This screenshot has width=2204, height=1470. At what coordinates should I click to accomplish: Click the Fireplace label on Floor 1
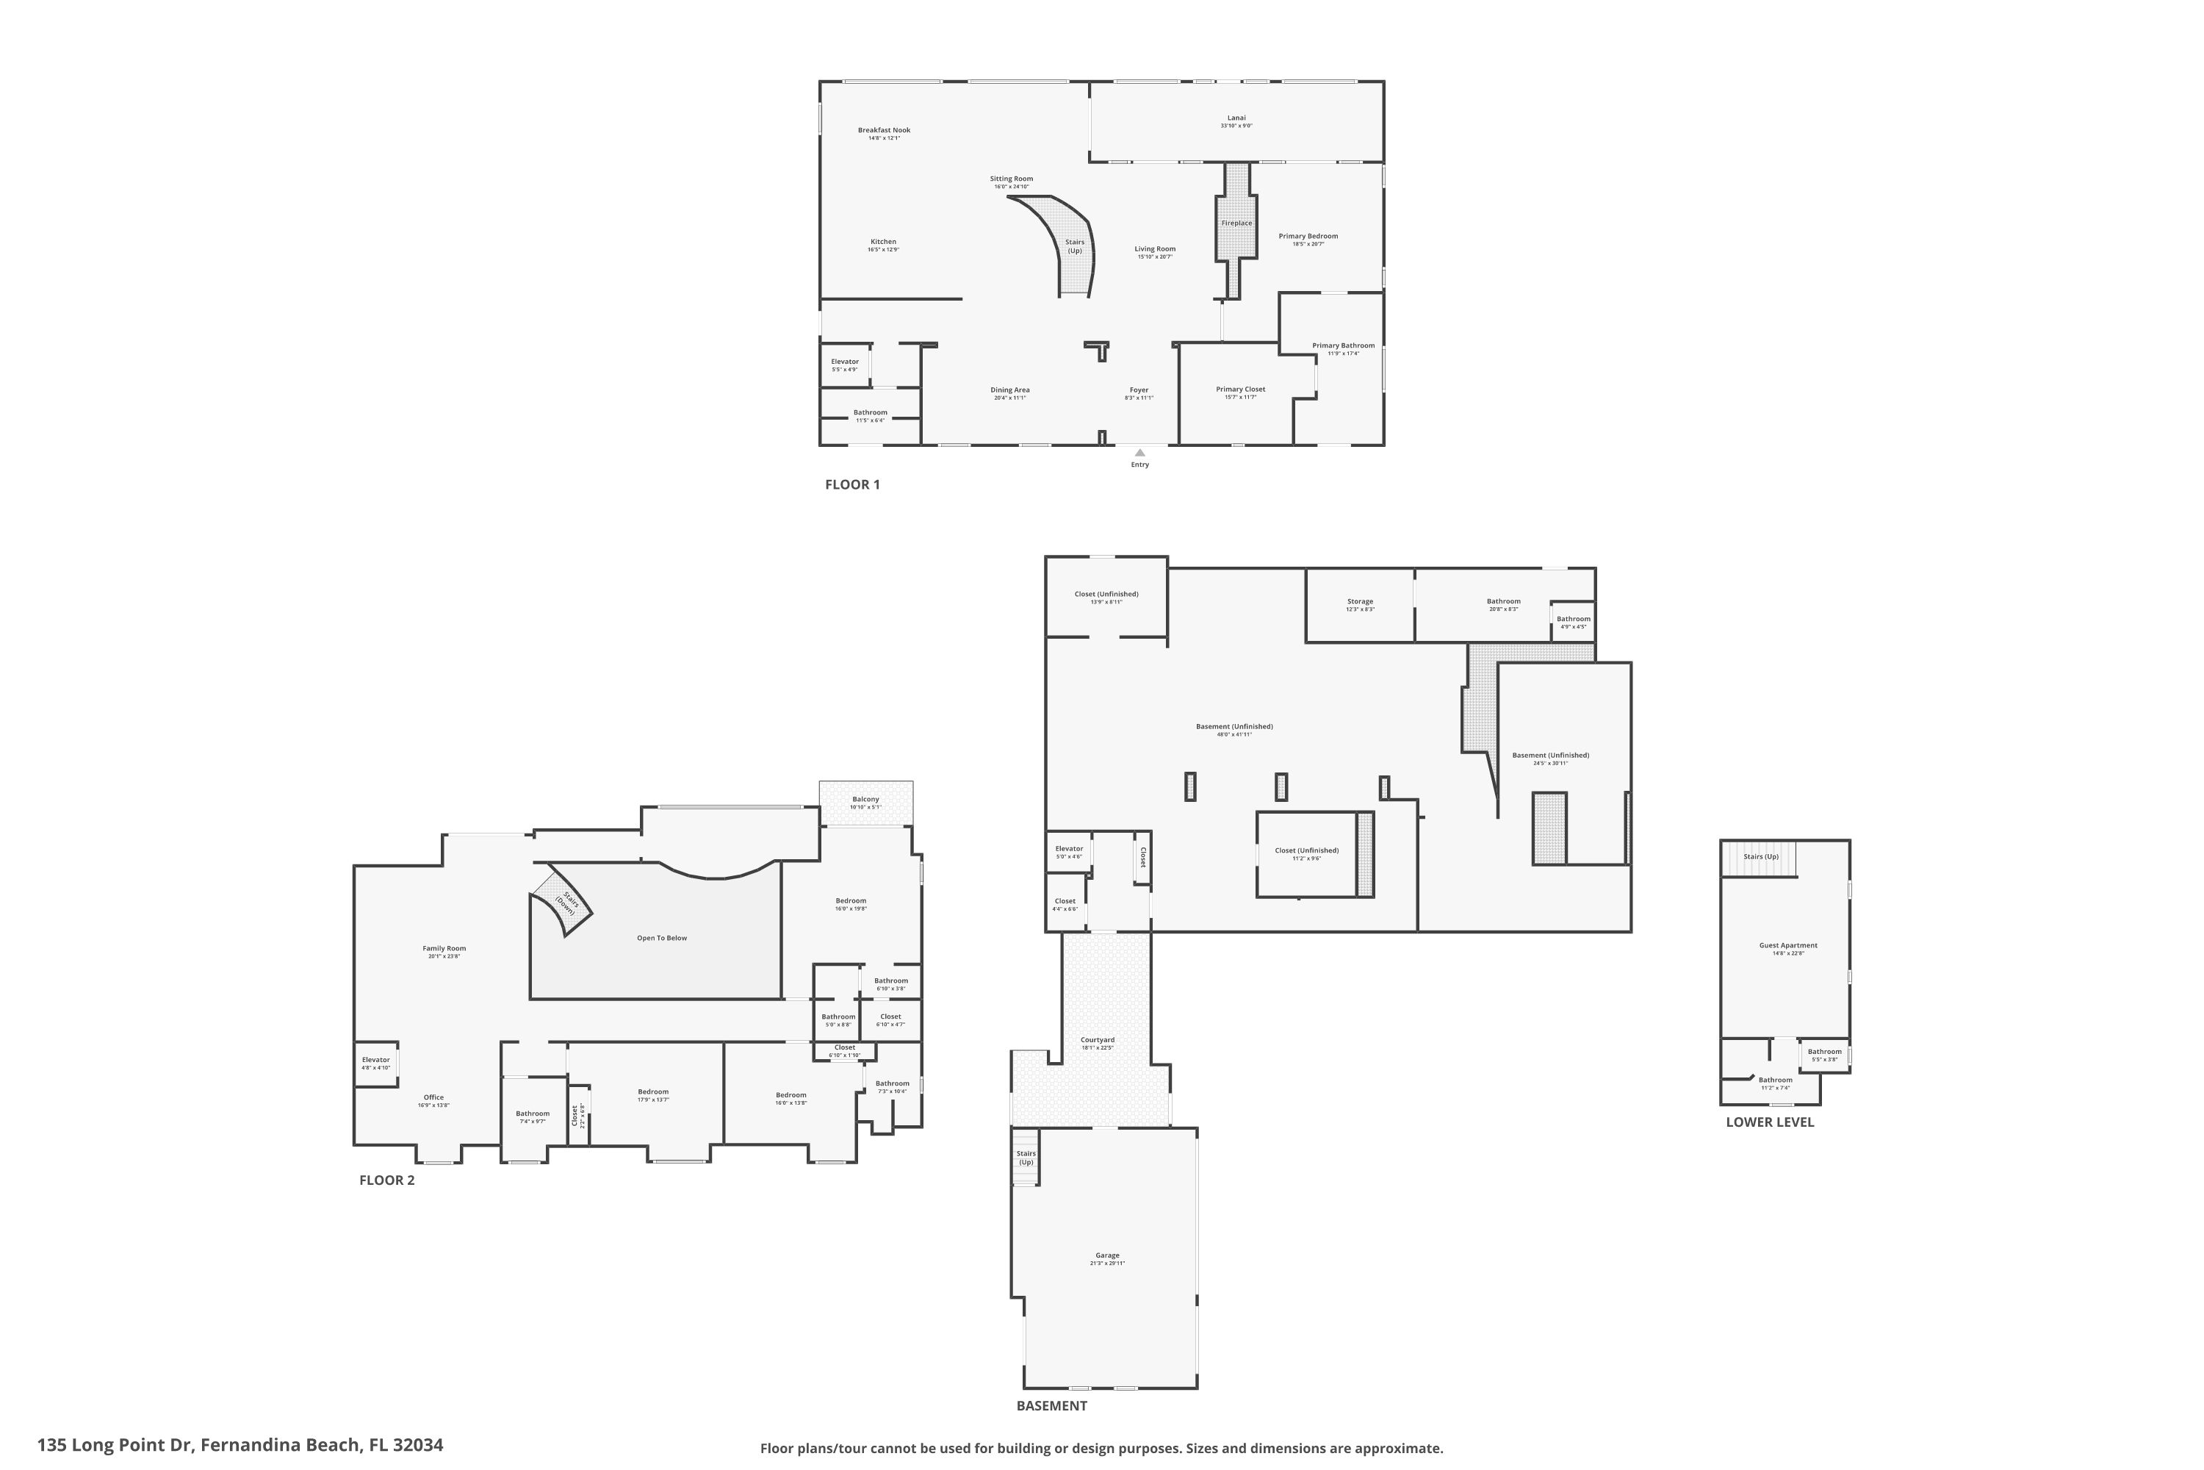click(1236, 223)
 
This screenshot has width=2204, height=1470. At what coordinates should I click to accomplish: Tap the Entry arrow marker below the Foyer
click(1139, 453)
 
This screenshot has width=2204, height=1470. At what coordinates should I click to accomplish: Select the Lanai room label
click(1236, 118)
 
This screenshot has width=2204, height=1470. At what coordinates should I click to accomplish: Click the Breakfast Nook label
click(884, 130)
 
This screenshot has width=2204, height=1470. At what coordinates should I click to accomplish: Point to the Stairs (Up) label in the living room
click(1075, 245)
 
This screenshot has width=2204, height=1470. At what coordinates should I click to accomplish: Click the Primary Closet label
click(1240, 389)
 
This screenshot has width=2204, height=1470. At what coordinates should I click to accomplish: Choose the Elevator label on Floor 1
click(844, 362)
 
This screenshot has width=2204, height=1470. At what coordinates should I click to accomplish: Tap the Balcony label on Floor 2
click(865, 799)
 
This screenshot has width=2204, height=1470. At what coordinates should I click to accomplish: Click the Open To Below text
click(662, 938)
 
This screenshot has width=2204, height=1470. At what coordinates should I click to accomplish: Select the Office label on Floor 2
click(433, 1097)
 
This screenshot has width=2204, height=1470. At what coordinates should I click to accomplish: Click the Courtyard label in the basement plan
click(1098, 1040)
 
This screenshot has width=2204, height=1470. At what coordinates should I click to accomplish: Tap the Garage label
click(1106, 1255)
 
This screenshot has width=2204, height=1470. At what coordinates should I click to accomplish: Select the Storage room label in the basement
click(1360, 602)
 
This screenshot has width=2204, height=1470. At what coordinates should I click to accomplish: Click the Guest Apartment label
click(1788, 945)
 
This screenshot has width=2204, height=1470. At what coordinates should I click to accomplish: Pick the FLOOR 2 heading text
click(386, 1180)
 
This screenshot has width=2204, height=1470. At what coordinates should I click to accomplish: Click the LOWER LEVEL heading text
click(1769, 1122)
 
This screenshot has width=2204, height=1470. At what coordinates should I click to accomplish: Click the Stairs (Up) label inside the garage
click(1026, 1158)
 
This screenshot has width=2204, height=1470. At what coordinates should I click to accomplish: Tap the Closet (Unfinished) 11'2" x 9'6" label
click(1306, 850)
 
